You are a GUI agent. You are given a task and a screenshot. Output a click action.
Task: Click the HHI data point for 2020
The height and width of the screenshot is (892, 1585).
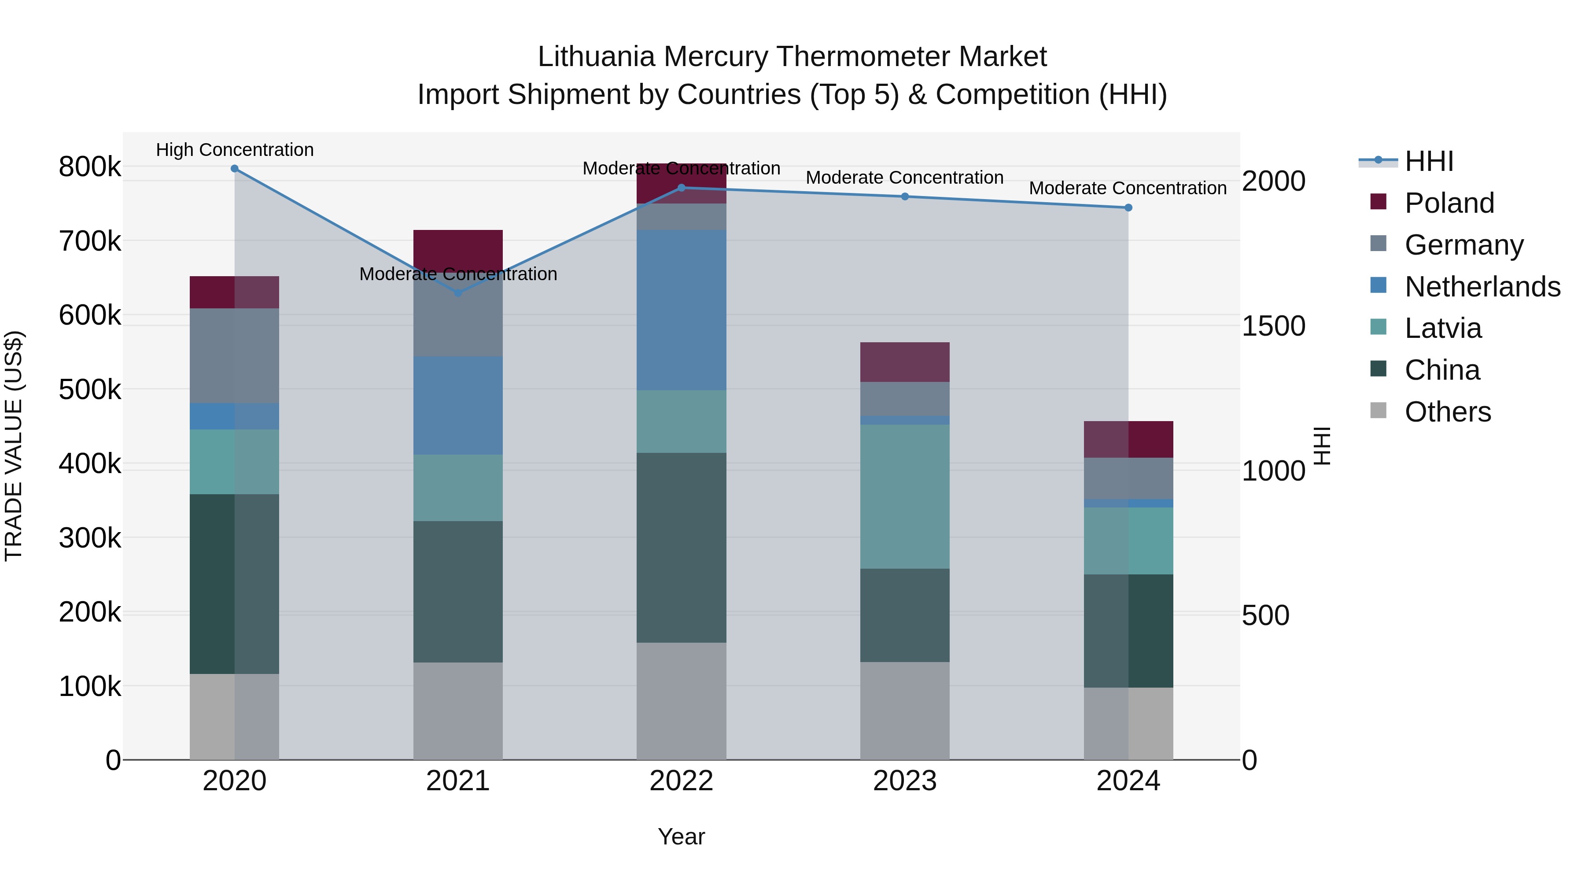(234, 169)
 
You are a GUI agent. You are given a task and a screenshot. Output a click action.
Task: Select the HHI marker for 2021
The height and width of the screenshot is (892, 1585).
(458, 293)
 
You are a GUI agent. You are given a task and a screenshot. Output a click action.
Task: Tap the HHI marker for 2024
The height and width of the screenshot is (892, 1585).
(1128, 208)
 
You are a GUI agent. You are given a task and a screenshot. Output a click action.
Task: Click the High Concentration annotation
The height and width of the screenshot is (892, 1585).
(234, 150)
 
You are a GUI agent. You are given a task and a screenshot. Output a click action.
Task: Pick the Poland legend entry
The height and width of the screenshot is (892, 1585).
(1449, 203)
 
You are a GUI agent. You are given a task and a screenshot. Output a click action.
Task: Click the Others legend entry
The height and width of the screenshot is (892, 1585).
(1447, 412)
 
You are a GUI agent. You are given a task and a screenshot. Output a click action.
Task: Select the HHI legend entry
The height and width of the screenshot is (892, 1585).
(1429, 161)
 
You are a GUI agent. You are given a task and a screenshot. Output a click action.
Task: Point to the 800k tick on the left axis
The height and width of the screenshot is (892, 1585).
(90, 167)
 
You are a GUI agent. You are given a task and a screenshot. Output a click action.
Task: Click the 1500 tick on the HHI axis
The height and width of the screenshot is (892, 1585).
(1273, 326)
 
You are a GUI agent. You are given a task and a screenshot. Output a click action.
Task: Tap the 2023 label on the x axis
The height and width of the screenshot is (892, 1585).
(904, 781)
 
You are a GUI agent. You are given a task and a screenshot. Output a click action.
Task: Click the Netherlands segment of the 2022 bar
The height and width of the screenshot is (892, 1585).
(681, 310)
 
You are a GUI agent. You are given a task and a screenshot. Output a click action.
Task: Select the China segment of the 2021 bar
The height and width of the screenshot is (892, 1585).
(458, 592)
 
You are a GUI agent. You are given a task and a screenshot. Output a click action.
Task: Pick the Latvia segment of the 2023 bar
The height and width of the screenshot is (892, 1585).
(904, 496)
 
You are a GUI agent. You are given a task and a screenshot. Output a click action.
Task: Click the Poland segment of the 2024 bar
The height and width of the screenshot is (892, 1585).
(1128, 440)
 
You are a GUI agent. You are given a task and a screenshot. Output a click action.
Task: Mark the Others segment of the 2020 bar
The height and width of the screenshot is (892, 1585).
(234, 717)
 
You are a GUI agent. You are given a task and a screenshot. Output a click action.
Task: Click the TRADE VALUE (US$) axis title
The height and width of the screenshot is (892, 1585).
(14, 446)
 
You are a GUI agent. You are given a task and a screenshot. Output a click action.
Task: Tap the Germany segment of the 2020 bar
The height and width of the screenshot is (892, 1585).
(234, 356)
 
